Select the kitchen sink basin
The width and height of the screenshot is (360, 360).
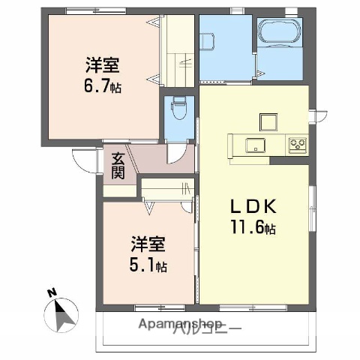pyautogui.click(x=250, y=145)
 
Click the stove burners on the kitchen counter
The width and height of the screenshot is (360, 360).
pyautogui.click(x=297, y=143)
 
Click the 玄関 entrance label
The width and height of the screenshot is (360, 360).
pyautogui.click(x=118, y=166)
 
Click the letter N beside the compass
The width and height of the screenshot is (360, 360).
pyautogui.click(x=50, y=292)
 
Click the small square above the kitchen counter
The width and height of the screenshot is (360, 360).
pyautogui.click(x=268, y=121)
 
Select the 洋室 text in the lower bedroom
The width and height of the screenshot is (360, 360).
pyautogui.click(x=148, y=244)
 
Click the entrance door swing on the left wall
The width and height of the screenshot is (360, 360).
pyautogui.click(x=86, y=157)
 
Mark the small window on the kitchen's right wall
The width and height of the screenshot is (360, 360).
pyautogui.click(x=320, y=115)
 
